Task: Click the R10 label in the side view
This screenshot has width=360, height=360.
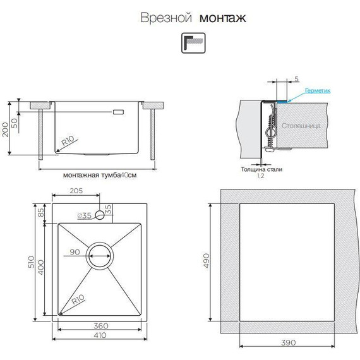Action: click(x=68, y=143)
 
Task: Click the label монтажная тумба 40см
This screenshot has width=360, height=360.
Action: click(x=100, y=176)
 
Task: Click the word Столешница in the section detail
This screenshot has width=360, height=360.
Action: click(x=301, y=126)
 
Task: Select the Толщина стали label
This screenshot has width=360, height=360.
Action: click(x=261, y=169)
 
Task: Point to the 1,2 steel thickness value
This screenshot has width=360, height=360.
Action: click(x=261, y=177)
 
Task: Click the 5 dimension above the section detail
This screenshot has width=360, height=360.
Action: click(x=296, y=78)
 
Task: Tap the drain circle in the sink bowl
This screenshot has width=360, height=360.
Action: click(x=100, y=256)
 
